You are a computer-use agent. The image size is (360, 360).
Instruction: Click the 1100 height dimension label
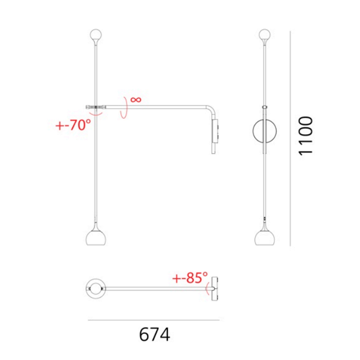306,136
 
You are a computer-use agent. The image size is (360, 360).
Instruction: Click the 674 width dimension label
154,334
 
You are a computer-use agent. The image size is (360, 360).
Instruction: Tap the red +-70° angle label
73,125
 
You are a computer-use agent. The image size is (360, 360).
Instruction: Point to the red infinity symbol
136,100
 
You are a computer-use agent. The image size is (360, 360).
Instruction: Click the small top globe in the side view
96,35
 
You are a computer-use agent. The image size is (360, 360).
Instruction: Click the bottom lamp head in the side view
96,237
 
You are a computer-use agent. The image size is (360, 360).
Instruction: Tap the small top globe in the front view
265,35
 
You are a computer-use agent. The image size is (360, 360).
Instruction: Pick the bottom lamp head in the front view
265,237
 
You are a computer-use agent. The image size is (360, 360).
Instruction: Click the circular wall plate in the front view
253,131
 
